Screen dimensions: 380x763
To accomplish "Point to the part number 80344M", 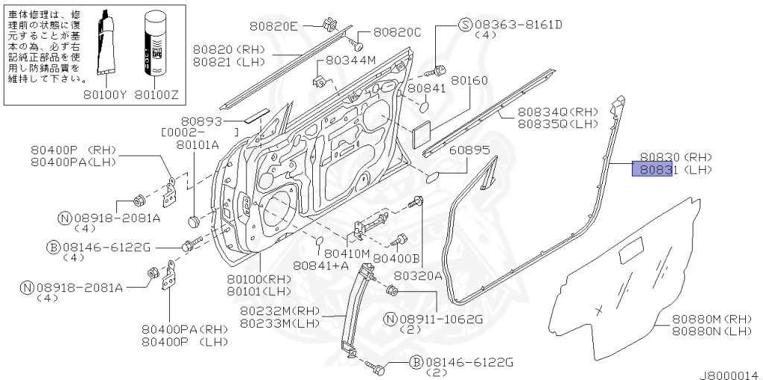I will [x=349, y=60].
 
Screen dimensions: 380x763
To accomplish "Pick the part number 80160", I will [x=469, y=80].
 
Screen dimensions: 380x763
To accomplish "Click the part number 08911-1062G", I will [x=442, y=320].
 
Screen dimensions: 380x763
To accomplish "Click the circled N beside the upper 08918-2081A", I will [x=64, y=218].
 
